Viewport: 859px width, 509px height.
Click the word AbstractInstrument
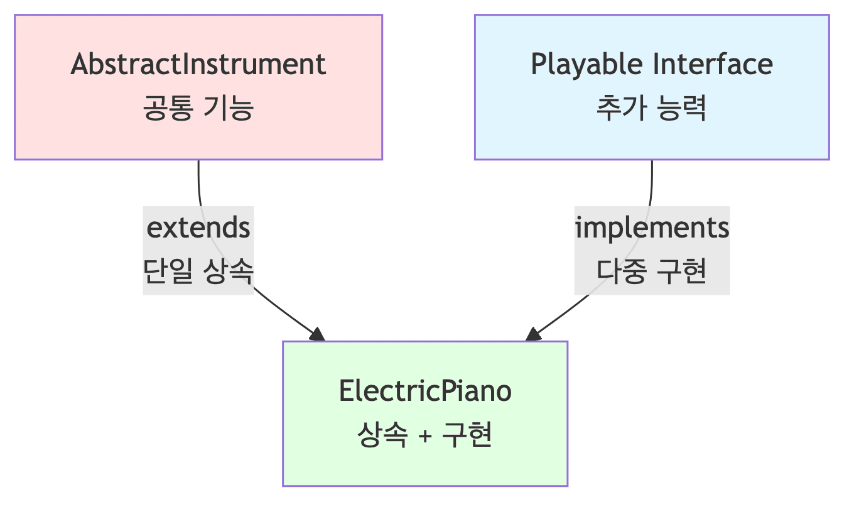click(198, 65)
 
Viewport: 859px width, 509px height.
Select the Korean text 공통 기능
click(198, 109)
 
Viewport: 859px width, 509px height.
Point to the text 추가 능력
click(652, 109)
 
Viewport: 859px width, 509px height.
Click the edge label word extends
click(198, 227)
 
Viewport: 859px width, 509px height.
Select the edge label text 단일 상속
click(198, 272)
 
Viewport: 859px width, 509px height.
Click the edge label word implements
click(652, 227)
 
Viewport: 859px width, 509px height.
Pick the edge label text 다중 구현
click(652, 272)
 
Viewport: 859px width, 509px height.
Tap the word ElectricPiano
click(425, 391)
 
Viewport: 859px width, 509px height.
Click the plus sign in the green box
click(425, 436)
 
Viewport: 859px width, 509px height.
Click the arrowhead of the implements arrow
click(533, 334)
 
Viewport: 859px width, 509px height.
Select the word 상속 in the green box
click(379, 435)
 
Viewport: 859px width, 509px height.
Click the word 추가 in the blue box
click(618, 109)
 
